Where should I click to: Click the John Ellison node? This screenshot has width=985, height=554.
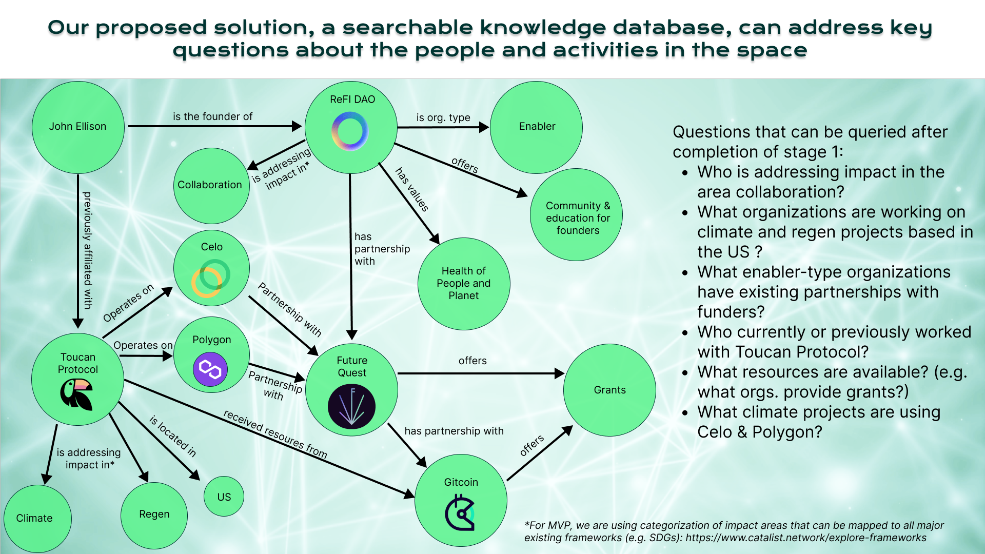pyautogui.click(x=78, y=127)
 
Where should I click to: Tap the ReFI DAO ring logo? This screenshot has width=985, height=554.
pyautogui.click(x=350, y=131)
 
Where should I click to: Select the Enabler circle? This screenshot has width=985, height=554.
pyautogui.click(x=537, y=127)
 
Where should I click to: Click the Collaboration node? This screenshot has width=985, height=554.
pyautogui.click(x=210, y=185)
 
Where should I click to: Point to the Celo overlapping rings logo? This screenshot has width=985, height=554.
pyautogui.click(x=210, y=278)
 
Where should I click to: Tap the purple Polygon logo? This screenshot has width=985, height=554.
pyautogui.click(x=210, y=369)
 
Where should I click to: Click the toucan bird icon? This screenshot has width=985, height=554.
pyautogui.click(x=77, y=394)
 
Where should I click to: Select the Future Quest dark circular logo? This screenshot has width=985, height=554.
pyautogui.click(x=351, y=406)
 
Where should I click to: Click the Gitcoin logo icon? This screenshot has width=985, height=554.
pyautogui.click(x=460, y=512)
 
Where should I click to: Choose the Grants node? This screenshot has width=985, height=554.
pyautogui.click(x=609, y=390)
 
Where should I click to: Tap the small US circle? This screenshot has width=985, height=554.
pyautogui.click(x=224, y=497)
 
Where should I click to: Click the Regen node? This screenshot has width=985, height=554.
pyautogui.click(x=154, y=515)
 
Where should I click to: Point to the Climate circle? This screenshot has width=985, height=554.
pyautogui.click(x=35, y=518)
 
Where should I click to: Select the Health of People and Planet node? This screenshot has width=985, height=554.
pyautogui.click(x=464, y=283)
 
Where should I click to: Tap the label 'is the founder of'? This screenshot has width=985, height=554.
pyautogui.click(x=212, y=116)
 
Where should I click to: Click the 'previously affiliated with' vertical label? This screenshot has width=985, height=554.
pyautogui.click(x=88, y=250)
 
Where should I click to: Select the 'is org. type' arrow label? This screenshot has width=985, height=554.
pyautogui.click(x=443, y=117)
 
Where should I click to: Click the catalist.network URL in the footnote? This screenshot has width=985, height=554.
pyautogui.click(x=806, y=538)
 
